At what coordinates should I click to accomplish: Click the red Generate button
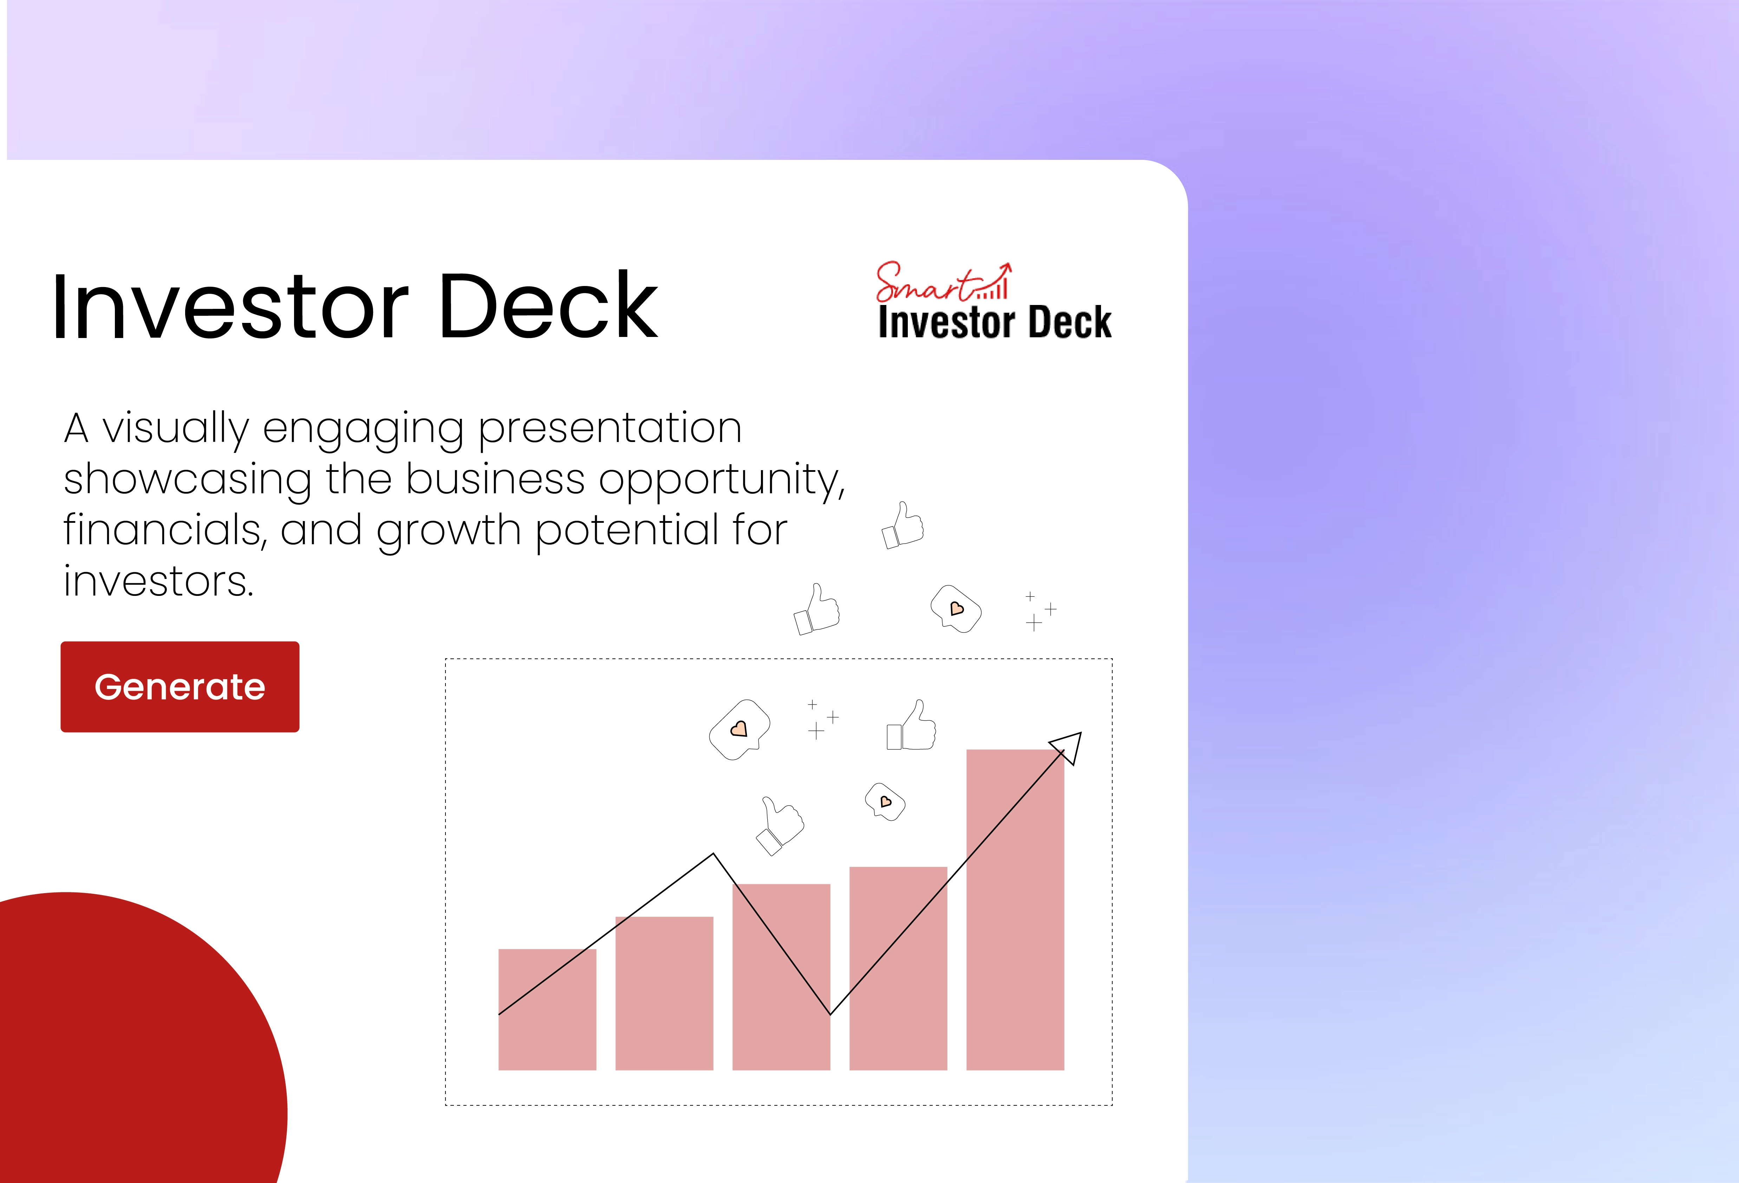[180, 686]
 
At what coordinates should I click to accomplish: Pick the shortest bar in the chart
[547, 1009]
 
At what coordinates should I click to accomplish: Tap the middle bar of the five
[781, 976]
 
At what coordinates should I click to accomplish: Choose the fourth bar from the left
[898, 968]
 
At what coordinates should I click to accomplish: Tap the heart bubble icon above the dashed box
[956, 608]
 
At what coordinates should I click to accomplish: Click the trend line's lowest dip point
[830, 1014]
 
